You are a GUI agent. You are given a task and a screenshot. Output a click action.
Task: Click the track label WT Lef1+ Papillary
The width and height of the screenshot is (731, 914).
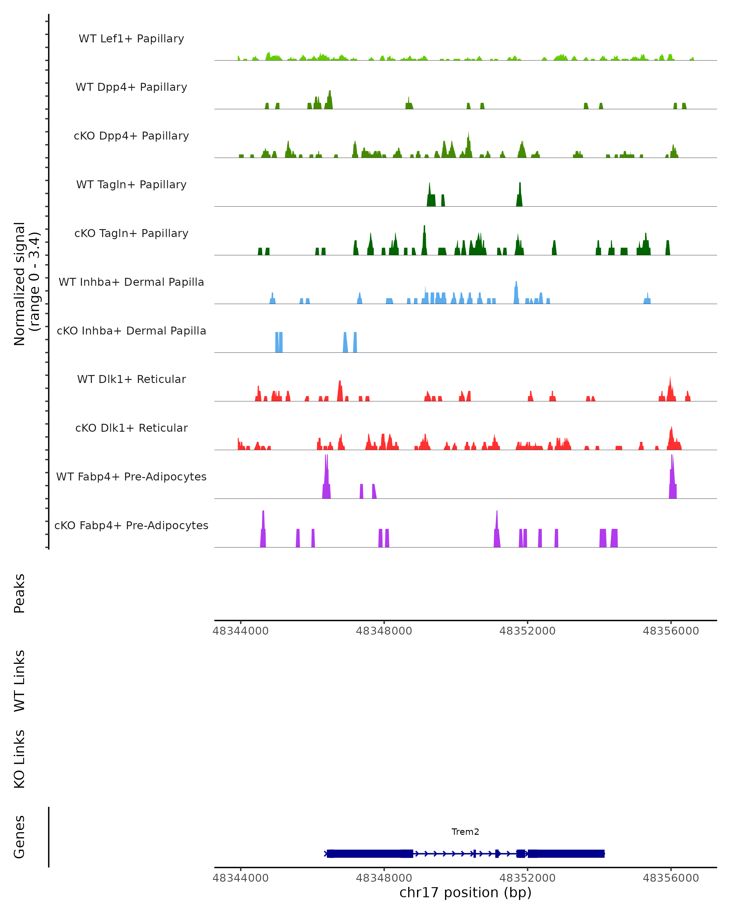click(x=131, y=39)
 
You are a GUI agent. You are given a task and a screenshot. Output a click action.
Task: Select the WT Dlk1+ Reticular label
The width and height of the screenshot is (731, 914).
click(x=131, y=379)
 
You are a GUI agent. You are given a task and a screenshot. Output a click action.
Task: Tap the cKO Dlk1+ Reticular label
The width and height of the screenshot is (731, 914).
click(x=131, y=428)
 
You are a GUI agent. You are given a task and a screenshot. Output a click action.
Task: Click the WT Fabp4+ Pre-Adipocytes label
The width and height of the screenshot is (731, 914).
click(x=131, y=476)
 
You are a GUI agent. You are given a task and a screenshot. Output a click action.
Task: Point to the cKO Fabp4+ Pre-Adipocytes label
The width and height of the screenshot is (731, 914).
click(x=131, y=525)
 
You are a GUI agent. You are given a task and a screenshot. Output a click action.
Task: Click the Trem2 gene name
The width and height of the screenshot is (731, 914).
click(x=465, y=832)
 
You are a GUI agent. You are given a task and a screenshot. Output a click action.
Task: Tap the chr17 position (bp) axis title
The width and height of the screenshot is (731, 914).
click(x=465, y=892)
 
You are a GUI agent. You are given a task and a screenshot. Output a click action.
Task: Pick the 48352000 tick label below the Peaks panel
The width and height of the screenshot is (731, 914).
click(x=527, y=631)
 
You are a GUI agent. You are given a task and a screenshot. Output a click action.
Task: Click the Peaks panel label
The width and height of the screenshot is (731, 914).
click(x=19, y=593)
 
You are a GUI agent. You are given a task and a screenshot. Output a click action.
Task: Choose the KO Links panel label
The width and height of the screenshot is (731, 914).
click(x=19, y=759)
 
